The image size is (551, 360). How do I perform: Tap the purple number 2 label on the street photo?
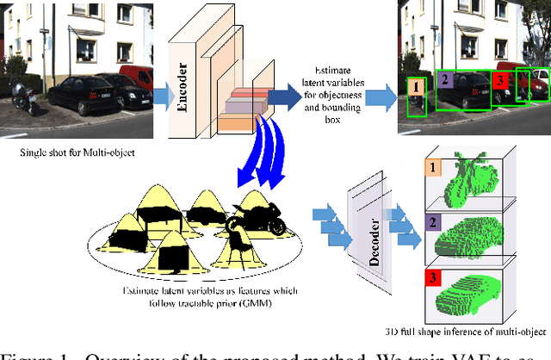click(x=445, y=79)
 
